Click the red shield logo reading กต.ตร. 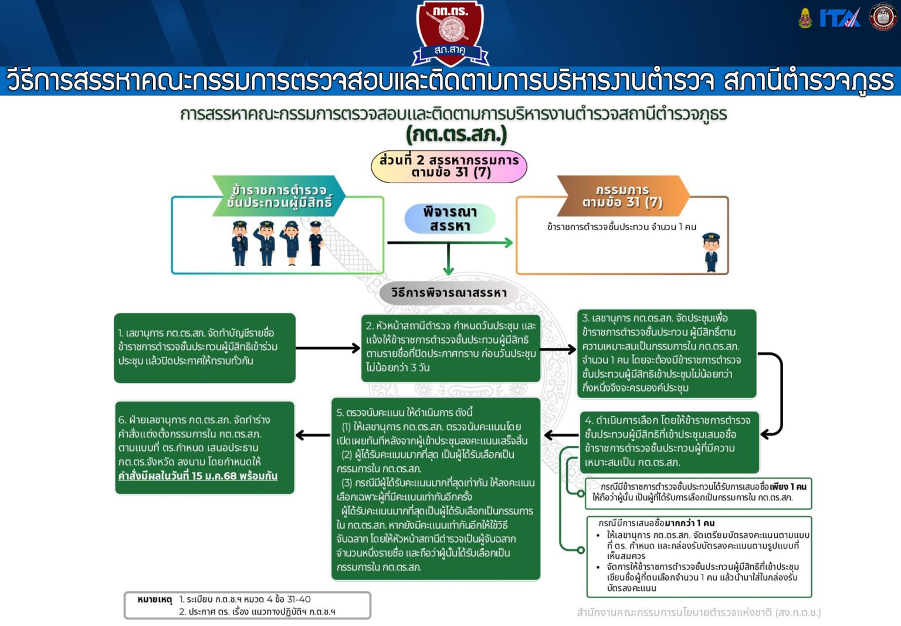pos(450,33)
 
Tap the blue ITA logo pos(840,18)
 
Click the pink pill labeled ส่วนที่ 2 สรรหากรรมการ pos(449,166)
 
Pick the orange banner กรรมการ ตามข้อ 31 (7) pos(623,196)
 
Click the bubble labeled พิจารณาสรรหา pos(450,218)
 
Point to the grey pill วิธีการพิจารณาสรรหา pos(449,292)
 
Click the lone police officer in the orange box pos(711,253)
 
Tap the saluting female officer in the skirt pos(291,243)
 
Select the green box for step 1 pos(205,348)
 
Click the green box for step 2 pos(450,348)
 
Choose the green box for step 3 pos(667,354)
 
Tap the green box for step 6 pos(205,447)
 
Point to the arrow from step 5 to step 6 pos(313,435)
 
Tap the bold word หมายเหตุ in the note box pos(154,600)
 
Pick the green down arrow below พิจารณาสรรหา pos(449,260)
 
